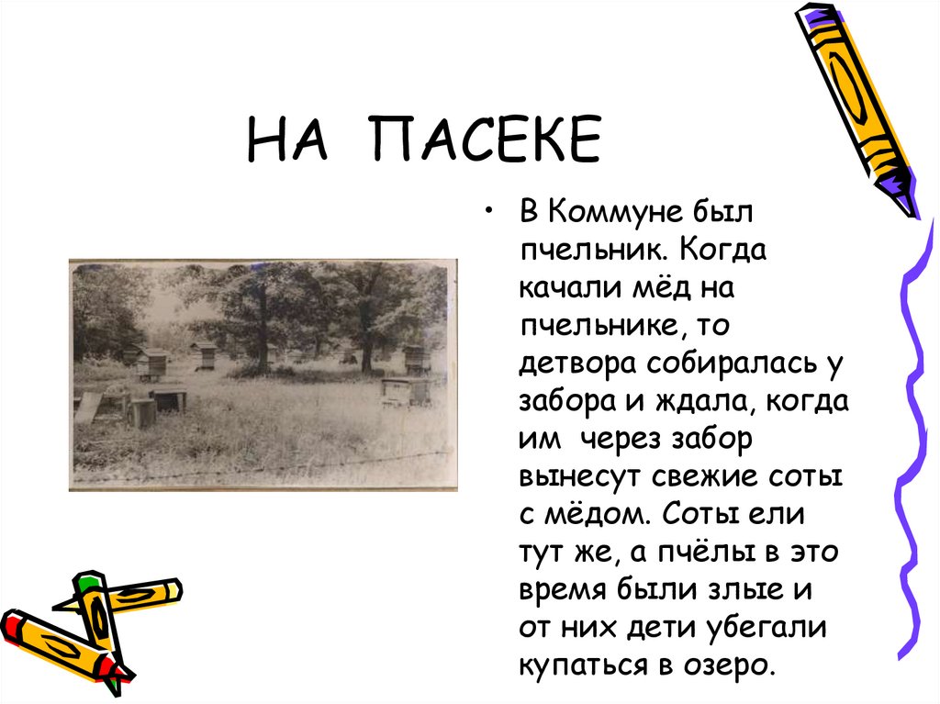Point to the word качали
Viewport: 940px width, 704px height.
561,289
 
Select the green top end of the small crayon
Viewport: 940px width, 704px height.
87,582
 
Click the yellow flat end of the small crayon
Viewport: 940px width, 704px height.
173,588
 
